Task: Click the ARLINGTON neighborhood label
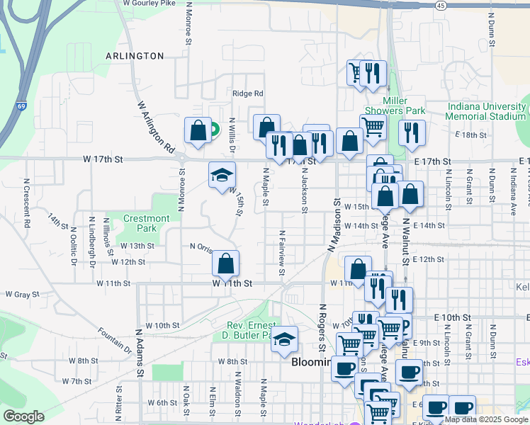pyautogui.click(x=135, y=56)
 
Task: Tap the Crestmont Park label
pyautogui.click(x=147, y=224)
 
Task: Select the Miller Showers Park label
pyautogui.click(x=395, y=106)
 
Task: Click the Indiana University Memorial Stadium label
pyautogui.click(x=486, y=111)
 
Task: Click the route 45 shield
pyautogui.click(x=440, y=5)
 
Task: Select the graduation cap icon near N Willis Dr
pyautogui.click(x=222, y=175)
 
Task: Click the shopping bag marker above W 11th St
pyautogui.click(x=225, y=263)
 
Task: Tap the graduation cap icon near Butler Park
pyautogui.click(x=284, y=339)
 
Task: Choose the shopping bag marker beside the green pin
pyautogui.click(x=198, y=130)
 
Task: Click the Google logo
pyautogui.click(x=23, y=416)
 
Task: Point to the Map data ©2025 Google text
pyautogui.click(x=486, y=419)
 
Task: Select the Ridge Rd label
pyautogui.click(x=248, y=93)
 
